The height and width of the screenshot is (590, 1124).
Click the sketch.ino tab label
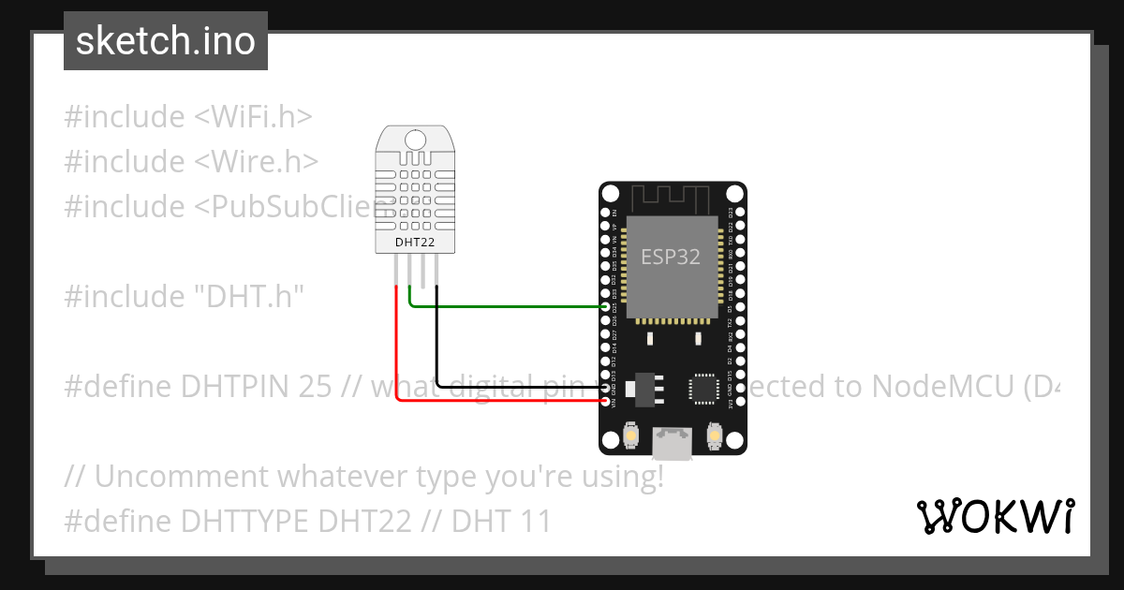166,41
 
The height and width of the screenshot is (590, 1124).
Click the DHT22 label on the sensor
414,242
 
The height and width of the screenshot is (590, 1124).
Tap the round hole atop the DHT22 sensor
414,140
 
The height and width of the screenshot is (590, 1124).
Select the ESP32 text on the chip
671,257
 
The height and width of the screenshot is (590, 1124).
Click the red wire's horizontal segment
496,401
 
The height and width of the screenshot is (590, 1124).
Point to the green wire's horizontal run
506,305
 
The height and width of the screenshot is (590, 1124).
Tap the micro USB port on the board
673,442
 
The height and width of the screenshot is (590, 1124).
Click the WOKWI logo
995,516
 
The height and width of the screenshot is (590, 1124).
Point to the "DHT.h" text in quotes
249,297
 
